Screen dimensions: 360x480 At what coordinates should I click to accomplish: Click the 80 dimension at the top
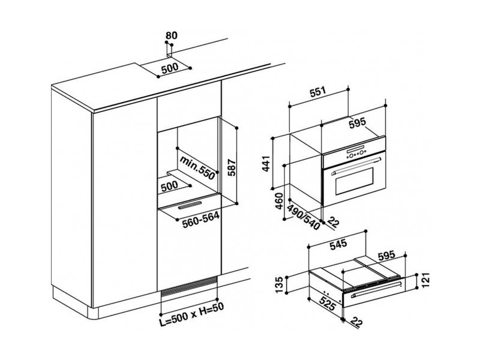click(171, 35)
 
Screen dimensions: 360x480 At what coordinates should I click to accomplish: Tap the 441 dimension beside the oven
click(266, 163)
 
